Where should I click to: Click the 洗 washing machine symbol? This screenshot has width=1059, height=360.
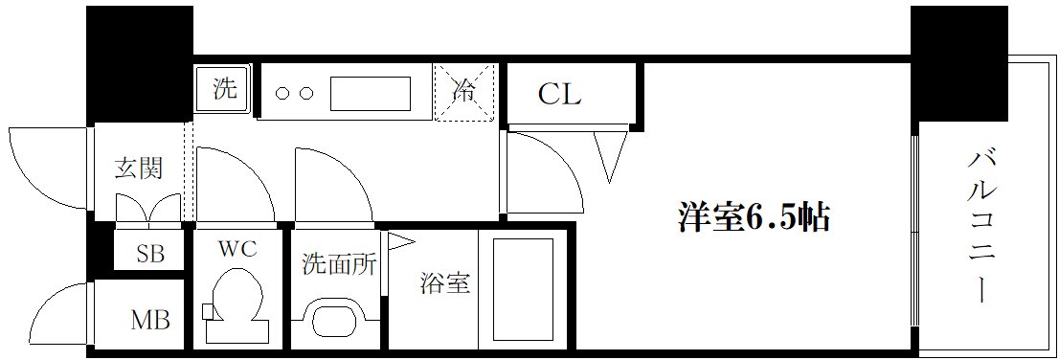224,90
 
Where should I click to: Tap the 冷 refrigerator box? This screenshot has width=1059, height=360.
465,93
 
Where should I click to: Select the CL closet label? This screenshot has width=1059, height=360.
559,95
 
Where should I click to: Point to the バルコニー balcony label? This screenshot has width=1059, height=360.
982,226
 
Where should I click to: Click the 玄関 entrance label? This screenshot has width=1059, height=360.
139,169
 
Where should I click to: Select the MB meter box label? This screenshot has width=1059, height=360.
150,320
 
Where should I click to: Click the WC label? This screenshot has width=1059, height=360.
237,250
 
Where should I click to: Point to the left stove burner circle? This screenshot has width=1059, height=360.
283,94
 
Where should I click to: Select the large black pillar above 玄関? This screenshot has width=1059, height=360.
139,63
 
